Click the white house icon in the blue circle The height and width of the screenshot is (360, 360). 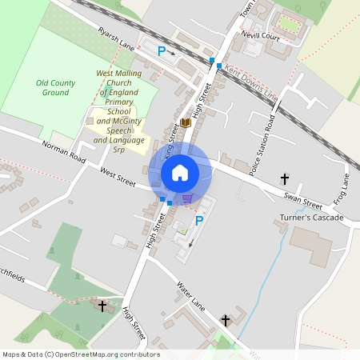[x=180, y=172]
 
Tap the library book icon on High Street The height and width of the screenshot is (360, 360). [x=186, y=123]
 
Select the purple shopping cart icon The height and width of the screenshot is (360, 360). [x=187, y=198]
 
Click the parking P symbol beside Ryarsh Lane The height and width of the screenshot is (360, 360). [x=162, y=51]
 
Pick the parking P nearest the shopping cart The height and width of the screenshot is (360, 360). [x=199, y=220]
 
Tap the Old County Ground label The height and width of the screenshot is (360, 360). [x=57, y=88]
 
